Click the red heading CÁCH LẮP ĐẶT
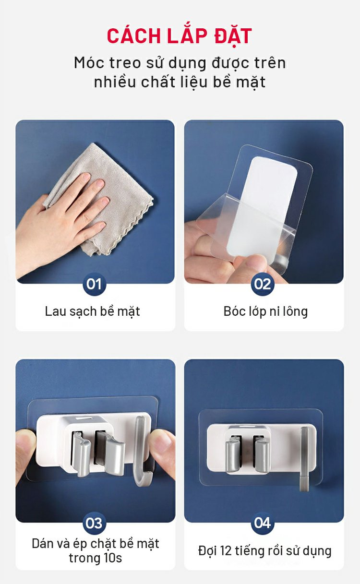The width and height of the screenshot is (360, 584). pos(180,36)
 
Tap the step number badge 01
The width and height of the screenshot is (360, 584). pos(94,284)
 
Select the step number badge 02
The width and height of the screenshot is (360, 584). pos(263,284)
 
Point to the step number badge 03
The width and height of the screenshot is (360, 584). pos(94,523)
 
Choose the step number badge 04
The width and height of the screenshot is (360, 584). pos(263,523)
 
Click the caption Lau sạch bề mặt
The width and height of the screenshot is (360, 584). pos(92,311)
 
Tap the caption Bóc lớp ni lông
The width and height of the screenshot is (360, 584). pos(265,311)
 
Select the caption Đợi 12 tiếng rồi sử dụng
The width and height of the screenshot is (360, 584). pos(265,550)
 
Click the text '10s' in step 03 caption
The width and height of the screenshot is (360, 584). pos(113,558)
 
